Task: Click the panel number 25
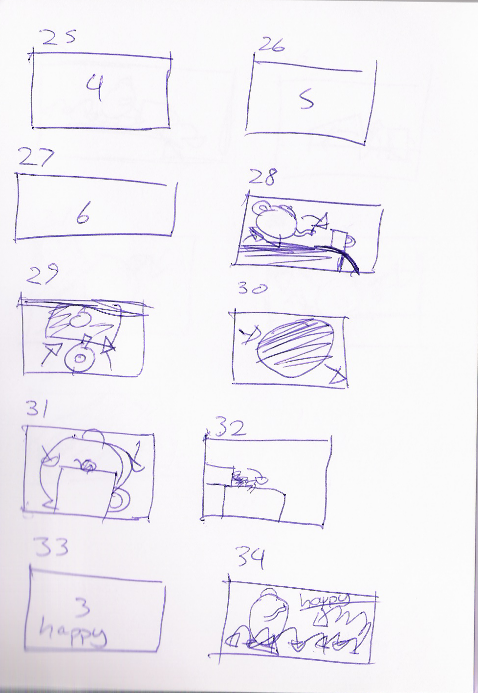coord(58,38)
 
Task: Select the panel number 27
coord(36,159)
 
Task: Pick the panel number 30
coord(253,289)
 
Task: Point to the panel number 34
coord(250,557)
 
